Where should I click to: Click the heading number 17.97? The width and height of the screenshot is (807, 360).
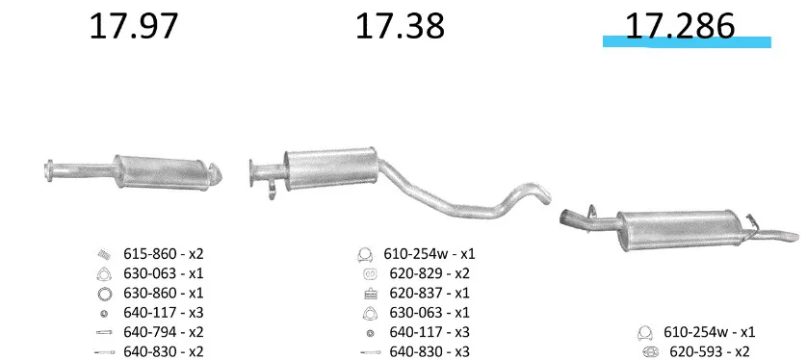pos(134,27)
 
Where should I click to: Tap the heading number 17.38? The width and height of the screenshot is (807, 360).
pos(400,27)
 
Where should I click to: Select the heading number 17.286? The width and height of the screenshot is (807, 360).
pos(680,27)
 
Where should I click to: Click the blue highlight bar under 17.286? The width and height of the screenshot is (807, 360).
pos(687,42)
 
